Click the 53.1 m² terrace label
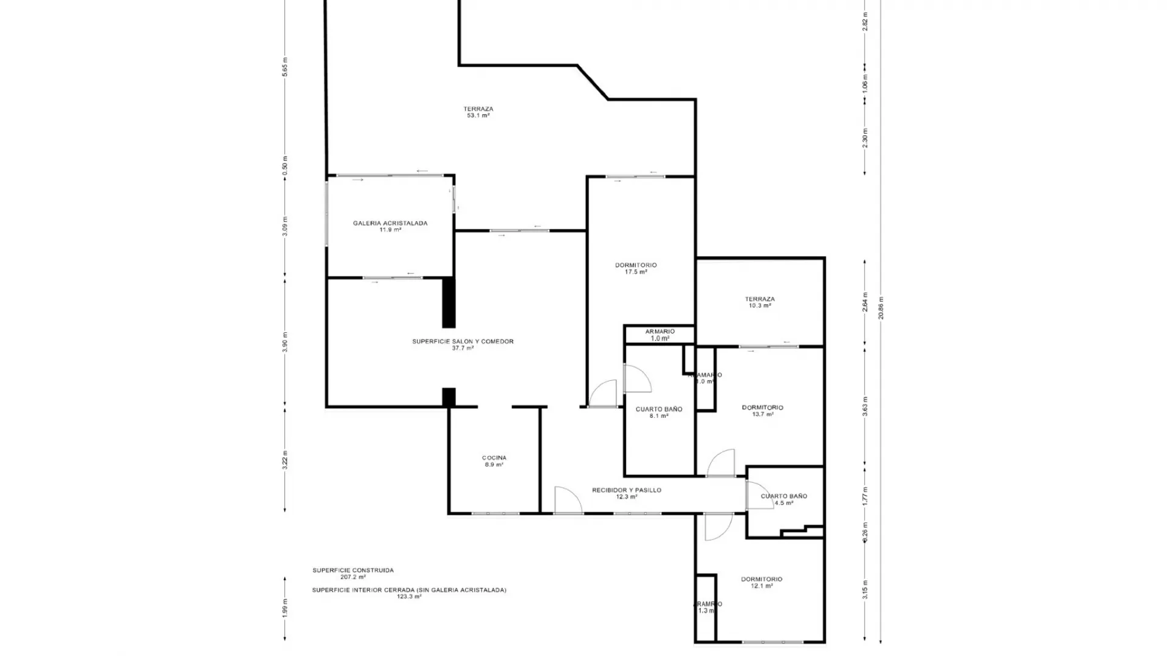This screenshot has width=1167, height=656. coord(478,112)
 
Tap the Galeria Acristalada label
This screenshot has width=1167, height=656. coord(390,226)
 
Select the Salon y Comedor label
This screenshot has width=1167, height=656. coord(463,344)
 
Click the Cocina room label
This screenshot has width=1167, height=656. coord(494,461)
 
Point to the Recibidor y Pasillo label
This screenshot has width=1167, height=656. coord(627,493)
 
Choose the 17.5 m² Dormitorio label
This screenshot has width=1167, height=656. coord(636,268)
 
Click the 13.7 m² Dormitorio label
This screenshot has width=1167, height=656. coord(762,411)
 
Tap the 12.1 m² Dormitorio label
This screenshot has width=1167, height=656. coord(762,583)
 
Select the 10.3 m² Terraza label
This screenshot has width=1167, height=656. coord(760,302)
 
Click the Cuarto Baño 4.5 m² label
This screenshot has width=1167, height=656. coord(783,499)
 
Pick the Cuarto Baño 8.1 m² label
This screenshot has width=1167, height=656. coord(659,412)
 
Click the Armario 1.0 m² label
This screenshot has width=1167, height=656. coord(659,335)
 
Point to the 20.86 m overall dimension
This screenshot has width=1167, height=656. coord(881,307)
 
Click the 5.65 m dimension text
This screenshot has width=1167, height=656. coord(285,67)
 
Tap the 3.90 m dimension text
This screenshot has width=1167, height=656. coord(285,342)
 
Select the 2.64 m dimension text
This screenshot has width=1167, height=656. coord(865,302)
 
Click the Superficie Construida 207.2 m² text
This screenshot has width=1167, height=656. coord(353,573)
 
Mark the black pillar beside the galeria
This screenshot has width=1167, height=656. coord(448,302)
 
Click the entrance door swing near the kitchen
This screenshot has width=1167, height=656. coord(566,500)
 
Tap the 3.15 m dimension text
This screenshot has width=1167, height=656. coord(865,589)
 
